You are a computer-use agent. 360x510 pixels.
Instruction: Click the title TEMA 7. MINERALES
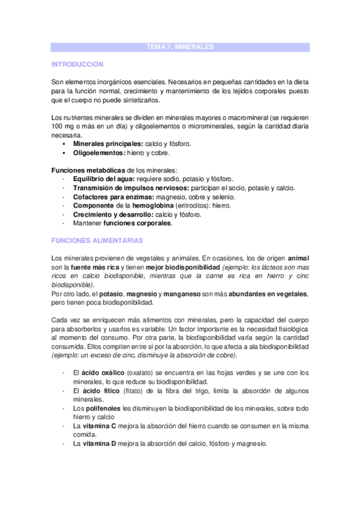(x=180, y=46)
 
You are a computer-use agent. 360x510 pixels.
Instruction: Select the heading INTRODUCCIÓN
(x=78, y=64)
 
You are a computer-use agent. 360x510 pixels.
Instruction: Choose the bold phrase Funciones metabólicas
(x=88, y=171)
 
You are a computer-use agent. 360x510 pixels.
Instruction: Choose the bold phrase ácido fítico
(x=94, y=391)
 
